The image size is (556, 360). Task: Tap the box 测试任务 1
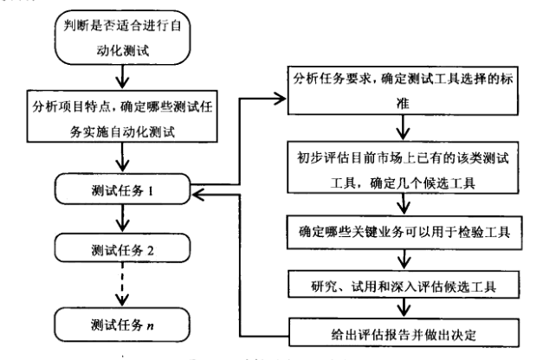tap(121, 190)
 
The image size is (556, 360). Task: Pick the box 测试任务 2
tap(121, 250)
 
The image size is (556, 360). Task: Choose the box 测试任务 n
tap(121, 326)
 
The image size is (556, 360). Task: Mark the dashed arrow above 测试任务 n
tap(121, 287)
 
